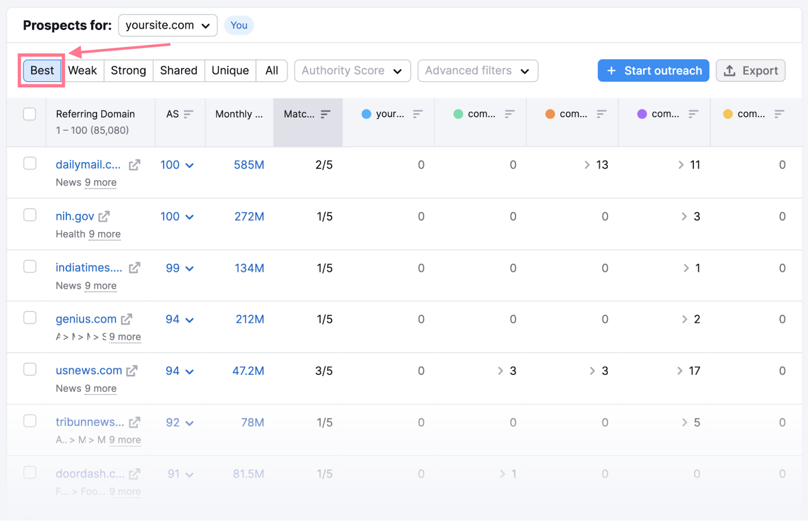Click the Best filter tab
(x=42, y=71)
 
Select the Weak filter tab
(x=82, y=71)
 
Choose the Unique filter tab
(x=230, y=71)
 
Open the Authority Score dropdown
(x=352, y=71)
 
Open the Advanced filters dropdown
(x=477, y=71)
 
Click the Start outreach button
(x=653, y=71)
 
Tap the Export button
(x=750, y=71)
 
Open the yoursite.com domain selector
(x=168, y=25)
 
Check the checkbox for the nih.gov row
(x=30, y=215)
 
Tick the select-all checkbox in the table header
(x=30, y=114)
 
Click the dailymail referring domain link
(x=88, y=165)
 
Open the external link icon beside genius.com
(x=127, y=319)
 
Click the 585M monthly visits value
(x=249, y=165)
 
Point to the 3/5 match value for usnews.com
(x=324, y=371)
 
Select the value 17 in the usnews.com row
(x=694, y=371)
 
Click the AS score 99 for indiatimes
(x=173, y=268)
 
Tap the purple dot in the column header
(x=642, y=114)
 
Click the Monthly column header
(x=239, y=114)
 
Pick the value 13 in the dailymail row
(x=602, y=165)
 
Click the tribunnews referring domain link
(x=90, y=422)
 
